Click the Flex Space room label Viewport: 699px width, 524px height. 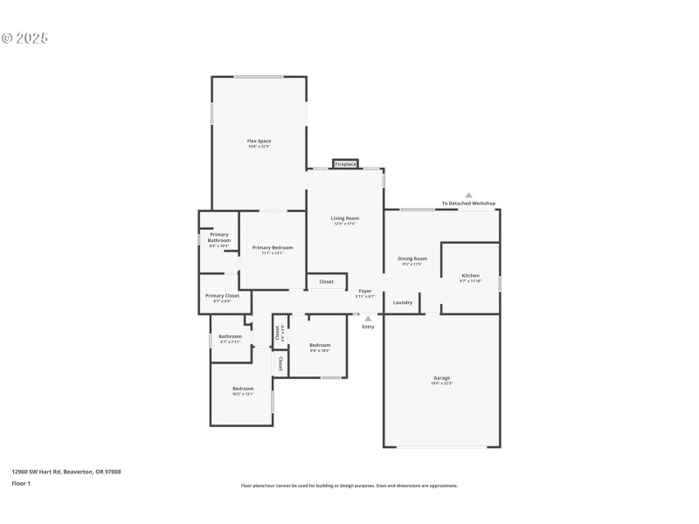tap(259, 141)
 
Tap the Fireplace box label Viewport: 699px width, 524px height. tap(345, 164)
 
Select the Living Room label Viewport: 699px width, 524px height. tap(344, 218)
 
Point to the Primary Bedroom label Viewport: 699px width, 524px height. tap(273, 248)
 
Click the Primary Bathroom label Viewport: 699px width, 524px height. tap(218, 238)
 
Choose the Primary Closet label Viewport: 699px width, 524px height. tap(222, 296)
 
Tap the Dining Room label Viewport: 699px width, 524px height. tap(412, 259)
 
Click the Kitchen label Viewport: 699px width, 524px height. tap(470, 275)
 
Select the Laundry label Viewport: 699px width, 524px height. tap(403, 303)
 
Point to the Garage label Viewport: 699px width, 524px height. tap(441, 378)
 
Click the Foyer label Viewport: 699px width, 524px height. tap(364, 291)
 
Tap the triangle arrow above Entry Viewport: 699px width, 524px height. tap(368, 319)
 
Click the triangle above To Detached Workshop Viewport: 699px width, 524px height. tap(468, 195)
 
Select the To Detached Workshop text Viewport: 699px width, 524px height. tap(468, 203)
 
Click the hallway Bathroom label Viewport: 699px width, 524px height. tap(230, 336)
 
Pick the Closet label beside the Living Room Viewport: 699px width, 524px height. tap(326, 282)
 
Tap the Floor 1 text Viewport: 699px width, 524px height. tap(21, 483)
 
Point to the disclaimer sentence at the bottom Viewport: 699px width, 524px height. tap(349, 486)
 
